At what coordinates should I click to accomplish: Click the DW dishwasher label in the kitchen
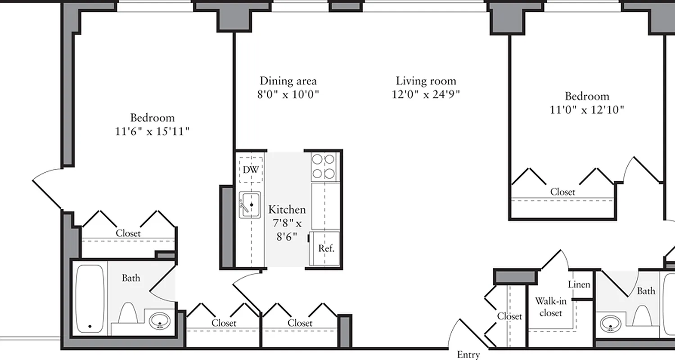click(x=251, y=170)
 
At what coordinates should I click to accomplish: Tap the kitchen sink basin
click(x=250, y=205)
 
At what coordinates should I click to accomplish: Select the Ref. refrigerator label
click(x=326, y=248)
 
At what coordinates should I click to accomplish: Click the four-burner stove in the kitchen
click(x=324, y=166)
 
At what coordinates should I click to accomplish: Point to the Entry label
click(x=468, y=355)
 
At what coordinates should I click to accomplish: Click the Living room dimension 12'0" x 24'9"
click(x=426, y=94)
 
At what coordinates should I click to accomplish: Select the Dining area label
click(x=288, y=81)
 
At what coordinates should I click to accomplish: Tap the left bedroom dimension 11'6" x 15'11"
click(x=152, y=131)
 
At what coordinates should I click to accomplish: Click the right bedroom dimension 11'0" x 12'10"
click(x=587, y=110)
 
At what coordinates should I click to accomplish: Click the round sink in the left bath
click(x=160, y=321)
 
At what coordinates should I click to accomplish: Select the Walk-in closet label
click(x=550, y=307)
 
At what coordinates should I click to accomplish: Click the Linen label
click(x=579, y=285)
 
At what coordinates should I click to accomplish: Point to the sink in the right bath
click(x=611, y=324)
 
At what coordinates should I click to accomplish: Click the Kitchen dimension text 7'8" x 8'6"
click(x=287, y=229)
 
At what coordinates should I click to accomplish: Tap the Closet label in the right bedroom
click(x=562, y=192)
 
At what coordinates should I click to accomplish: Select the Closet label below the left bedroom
click(x=128, y=234)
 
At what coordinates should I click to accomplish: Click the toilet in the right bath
click(x=642, y=315)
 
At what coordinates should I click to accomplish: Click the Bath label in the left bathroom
click(x=131, y=278)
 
